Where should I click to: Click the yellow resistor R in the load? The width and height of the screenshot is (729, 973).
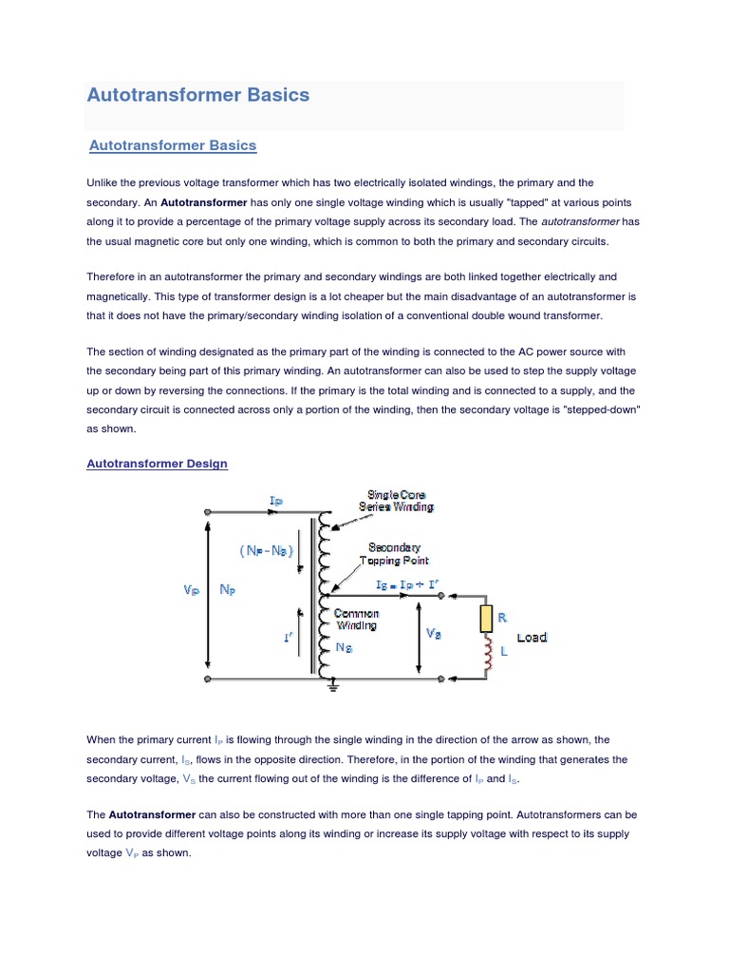point(486,619)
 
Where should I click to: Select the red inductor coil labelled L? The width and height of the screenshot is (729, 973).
point(487,655)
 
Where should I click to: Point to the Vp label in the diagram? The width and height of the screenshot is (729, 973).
point(192,590)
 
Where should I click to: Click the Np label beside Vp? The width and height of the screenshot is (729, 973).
point(228,590)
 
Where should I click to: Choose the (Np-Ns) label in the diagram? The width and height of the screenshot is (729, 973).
point(267,551)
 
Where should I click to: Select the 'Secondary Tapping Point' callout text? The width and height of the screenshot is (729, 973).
point(395,554)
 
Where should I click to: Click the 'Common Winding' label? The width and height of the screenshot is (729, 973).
point(357,620)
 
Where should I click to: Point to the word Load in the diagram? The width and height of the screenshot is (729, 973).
point(533,638)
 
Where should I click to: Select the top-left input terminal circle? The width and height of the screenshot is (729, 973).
point(208,511)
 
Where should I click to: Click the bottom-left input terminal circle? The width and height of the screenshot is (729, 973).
point(208,678)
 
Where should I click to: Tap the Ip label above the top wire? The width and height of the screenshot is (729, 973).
point(276,499)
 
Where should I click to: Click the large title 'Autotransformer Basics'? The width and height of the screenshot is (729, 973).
point(198,95)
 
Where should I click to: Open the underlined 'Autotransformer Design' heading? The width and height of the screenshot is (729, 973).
point(158,464)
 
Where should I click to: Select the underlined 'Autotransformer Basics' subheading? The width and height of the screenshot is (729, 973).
point(173,145)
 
